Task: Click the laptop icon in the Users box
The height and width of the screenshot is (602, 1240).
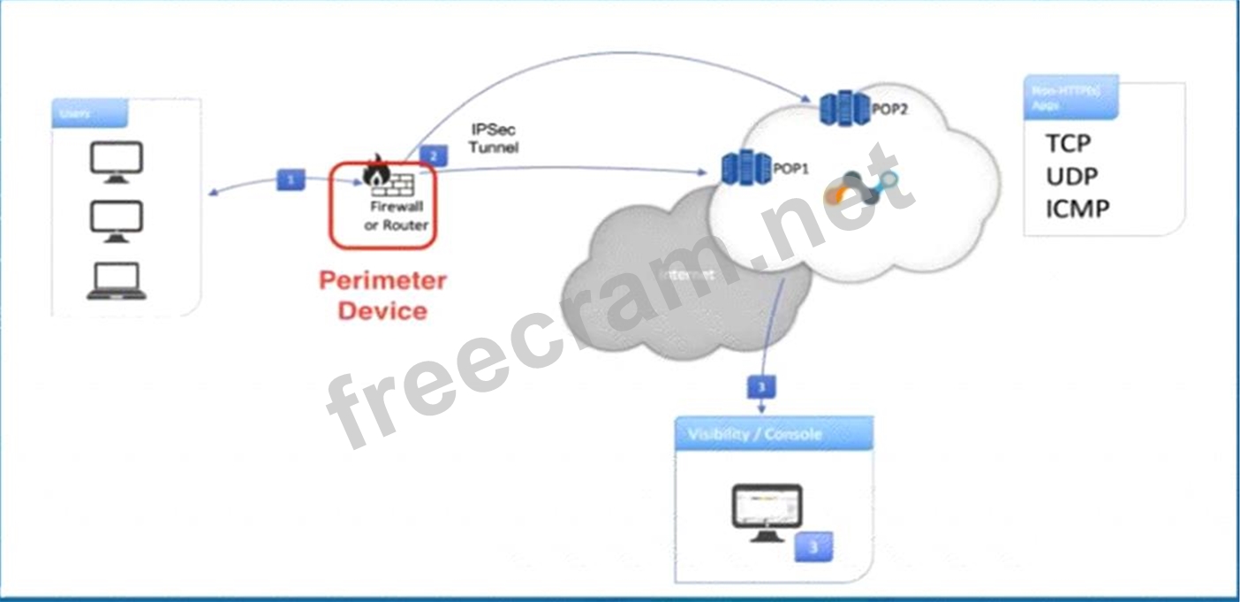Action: (117, 282)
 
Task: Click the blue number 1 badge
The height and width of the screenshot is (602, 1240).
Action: (291, 179)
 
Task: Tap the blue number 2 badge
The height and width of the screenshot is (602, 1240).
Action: (434, 155)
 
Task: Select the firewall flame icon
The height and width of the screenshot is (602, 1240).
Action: (375, 168)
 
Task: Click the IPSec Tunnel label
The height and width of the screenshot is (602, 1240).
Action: (493, 139)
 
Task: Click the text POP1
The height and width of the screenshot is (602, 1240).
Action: (791, 169)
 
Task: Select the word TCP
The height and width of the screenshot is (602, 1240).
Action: (1068, 143)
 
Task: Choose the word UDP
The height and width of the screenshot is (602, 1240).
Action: (1072, 176)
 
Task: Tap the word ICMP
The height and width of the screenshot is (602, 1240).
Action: (1077, 209)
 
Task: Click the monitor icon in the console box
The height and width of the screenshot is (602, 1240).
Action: (767, 512)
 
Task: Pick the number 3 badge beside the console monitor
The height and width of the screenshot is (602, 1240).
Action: (813, 547)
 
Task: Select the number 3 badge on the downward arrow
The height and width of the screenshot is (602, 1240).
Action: (762, 386)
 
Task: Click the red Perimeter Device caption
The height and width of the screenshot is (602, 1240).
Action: (382, 295)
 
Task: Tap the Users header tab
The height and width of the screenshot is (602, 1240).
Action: (89, 113)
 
